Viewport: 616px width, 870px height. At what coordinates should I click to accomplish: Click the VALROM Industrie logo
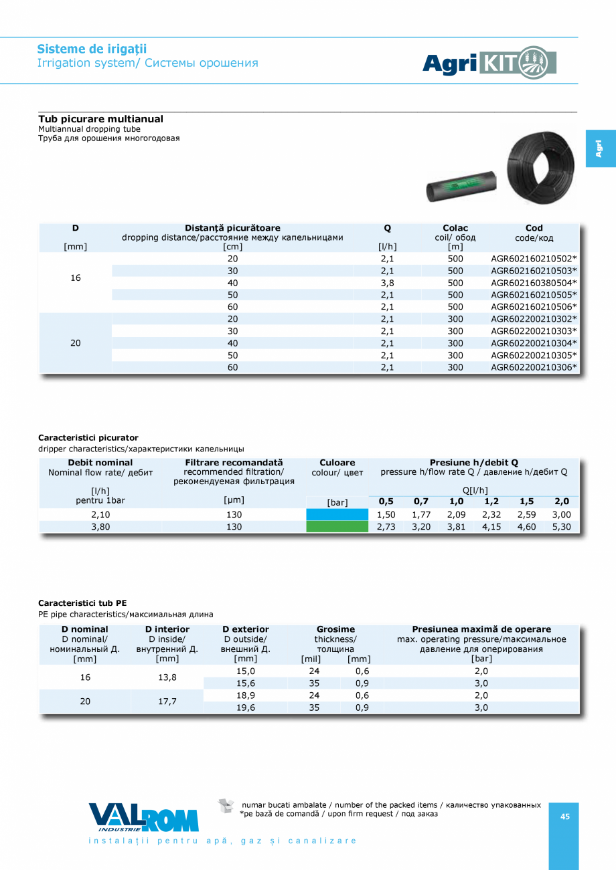click(143, 817)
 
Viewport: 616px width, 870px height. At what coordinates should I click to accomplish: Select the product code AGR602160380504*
click(534, 283)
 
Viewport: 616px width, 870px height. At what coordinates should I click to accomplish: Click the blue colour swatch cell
click(337, 514)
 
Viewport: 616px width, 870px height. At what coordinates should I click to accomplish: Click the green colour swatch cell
click(337, 526)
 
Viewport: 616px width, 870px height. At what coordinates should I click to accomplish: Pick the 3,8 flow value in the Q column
click(387, 283)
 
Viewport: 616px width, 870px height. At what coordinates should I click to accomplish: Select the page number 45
click(564, 817)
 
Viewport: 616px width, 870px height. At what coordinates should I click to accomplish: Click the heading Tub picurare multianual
click(100, 119)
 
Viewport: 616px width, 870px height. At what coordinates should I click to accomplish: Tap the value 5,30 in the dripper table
click(561, 526)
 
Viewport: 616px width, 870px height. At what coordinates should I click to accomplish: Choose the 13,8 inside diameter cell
click(166, 677)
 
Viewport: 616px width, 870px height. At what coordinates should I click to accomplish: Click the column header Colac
click(455, 228)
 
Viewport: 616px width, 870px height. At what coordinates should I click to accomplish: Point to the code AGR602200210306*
click(534, 367)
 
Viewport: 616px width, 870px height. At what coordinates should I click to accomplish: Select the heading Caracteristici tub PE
click(82, 603)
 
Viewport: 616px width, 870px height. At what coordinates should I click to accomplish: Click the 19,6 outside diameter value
click(246, 708)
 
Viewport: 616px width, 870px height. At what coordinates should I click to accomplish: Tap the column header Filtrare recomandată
click(234, 462)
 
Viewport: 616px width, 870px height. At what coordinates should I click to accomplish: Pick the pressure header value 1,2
click(491, 501)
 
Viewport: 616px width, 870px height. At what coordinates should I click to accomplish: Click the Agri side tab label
click(599, 148)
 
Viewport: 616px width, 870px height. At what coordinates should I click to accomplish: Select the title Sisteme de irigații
click(92, 49)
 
